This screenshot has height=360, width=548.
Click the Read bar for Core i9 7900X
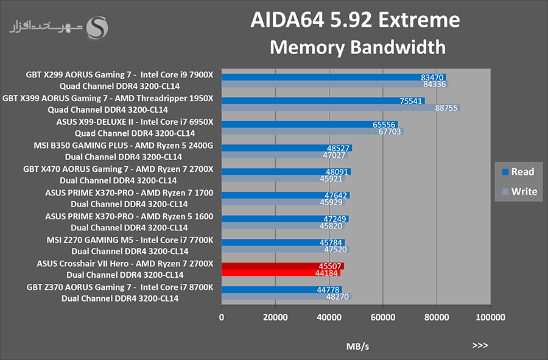tap(334, 77)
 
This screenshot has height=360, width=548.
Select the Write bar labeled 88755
tap(341, 108)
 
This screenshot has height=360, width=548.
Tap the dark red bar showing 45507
tap(283, 266)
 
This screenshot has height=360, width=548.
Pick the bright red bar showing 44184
tap(281, 273)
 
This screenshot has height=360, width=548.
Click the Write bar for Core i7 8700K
tap(286, 297)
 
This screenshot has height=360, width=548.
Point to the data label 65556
tap(384, 124)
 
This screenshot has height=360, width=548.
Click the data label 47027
tap(334, 155)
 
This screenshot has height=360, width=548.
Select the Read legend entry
tap(518, 172)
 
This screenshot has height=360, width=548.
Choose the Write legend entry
tap(519, 191)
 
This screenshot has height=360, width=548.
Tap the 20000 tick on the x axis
tap(275, 317)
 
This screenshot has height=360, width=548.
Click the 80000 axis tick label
tap(437, 317)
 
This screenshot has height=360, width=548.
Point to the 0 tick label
tap(222, 317)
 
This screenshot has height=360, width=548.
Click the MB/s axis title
tap(357, 347)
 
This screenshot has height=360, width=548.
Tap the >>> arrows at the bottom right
tap(480, 345)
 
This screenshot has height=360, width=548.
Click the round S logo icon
tap(97, 27)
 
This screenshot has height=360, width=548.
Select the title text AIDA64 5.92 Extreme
tap(355, 20)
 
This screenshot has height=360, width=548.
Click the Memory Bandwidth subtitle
tap(357, 47)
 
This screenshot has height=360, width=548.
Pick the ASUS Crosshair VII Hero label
tap(82, 264)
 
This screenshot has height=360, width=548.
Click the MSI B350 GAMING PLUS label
tap(81, 146)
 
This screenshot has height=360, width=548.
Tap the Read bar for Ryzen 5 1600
tap(285, 219)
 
